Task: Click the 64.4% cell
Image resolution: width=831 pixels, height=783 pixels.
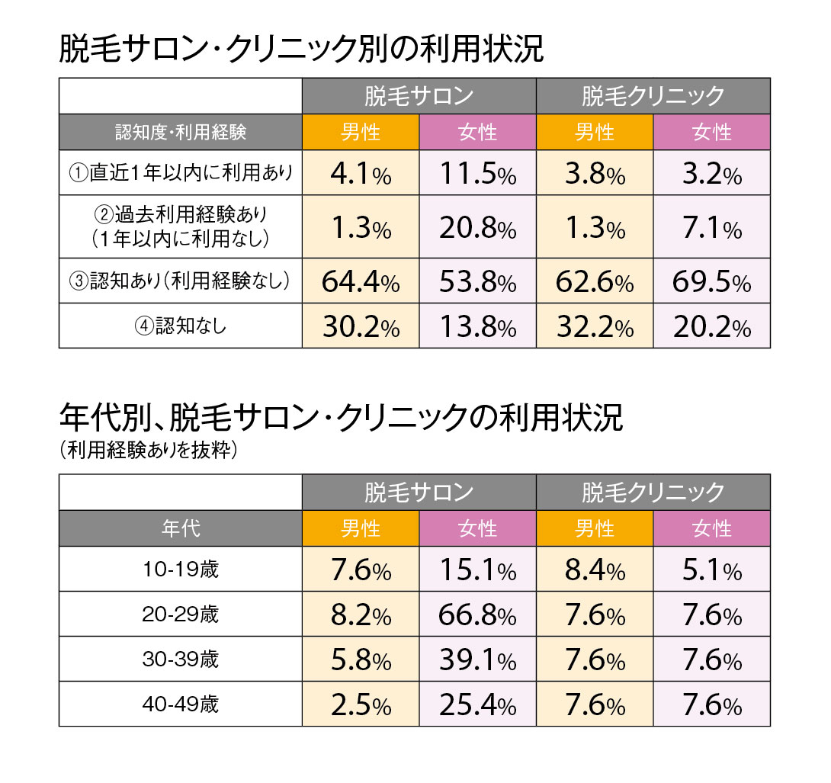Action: click(x=361, y=281)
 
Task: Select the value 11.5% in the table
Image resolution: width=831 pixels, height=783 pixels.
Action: click(x=478, y=173)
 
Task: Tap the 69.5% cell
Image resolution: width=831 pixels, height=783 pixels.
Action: click(x=712, y=281)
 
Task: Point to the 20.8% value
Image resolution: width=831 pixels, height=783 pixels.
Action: click(x=478, y=227)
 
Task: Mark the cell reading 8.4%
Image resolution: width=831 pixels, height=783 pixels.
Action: click(x=595, y=570)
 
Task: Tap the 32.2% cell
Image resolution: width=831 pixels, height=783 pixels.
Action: click(x=595, y=326)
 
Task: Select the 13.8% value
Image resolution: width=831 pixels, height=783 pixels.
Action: click(x=478, y=326)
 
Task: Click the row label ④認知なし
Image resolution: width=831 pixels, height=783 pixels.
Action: click(x=181, y=326)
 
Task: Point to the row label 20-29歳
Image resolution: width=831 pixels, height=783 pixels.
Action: click(x=181, y=615)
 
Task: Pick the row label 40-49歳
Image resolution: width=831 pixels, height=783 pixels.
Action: click(x=181, y=704)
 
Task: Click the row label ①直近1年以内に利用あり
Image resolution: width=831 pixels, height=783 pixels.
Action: click(x=181, y=173)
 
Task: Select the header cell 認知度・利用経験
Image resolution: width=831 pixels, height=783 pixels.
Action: click(x=181, y=132)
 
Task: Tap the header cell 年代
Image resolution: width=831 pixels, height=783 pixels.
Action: click(x=181, y=528)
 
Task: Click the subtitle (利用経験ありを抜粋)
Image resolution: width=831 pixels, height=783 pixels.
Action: click(x=149, y=450)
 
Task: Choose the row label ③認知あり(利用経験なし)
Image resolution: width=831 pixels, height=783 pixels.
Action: click(x=181, y=281)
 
